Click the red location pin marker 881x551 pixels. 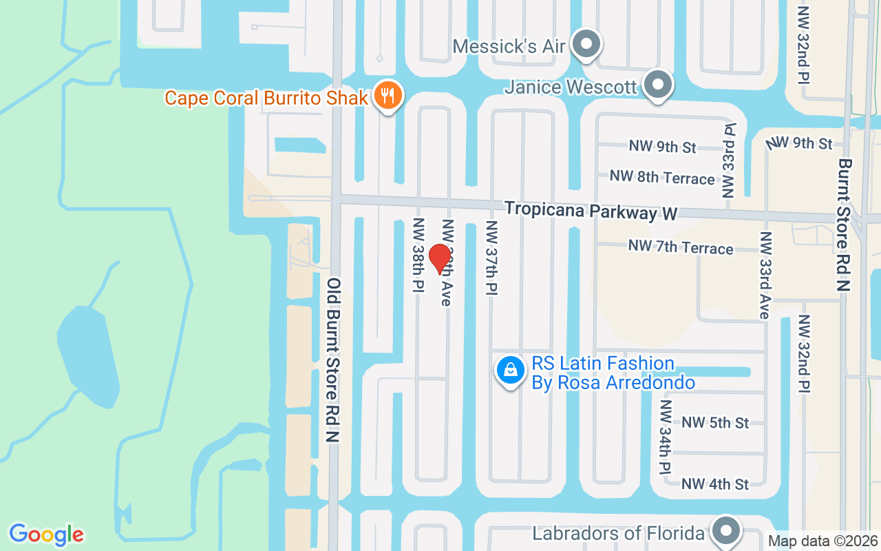click(x=440, y=259)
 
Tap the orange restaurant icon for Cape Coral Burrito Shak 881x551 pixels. click(x=388, y=96)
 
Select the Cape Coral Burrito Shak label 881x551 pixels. click(x=266, y=98)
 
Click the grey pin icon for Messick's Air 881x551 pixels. click(x=586, y=45)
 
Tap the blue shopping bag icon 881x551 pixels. click(x=511, y=371)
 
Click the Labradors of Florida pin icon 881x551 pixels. click(x=725, y=531)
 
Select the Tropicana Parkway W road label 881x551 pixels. click(x=591, y=211)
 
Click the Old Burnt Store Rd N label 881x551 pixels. click(x=335, y=360)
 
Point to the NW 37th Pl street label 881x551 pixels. click(x=492, y=258)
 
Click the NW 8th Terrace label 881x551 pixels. click(x=662, y=177)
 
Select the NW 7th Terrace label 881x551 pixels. click(x=681, y=247)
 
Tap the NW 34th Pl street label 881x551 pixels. click(x=665, y=437)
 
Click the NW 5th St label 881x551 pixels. click(x=715, y=422)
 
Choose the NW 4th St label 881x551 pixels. click(x=715, y=484)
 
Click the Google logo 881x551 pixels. click(x=46, y=534)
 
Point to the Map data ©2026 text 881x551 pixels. click(x=822, y=541)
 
